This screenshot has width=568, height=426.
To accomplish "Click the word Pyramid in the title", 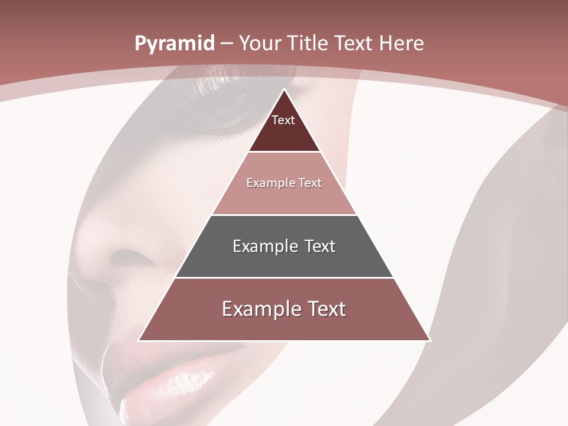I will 175,44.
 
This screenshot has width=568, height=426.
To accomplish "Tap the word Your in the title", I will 260,43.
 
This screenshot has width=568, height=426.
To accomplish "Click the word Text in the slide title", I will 356,43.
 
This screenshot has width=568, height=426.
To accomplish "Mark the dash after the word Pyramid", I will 227,44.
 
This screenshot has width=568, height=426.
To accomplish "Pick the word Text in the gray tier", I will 320,246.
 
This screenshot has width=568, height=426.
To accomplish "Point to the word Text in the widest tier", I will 327,309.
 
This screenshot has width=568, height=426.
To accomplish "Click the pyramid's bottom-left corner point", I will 138,340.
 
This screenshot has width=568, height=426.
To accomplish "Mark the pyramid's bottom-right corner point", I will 430,340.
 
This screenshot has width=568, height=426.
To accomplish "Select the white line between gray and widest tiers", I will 284,277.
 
